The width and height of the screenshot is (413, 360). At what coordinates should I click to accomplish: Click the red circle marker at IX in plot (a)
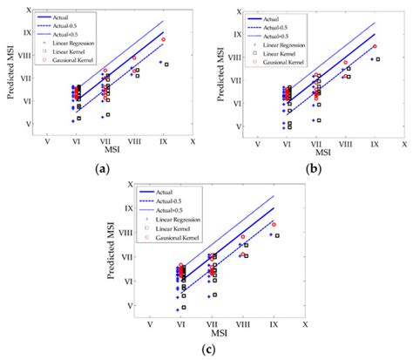[x=163, y=39]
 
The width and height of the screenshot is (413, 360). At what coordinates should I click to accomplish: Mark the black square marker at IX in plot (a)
[x=166, y=65]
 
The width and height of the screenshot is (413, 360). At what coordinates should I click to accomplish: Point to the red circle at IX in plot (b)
[x=375, y=46]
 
